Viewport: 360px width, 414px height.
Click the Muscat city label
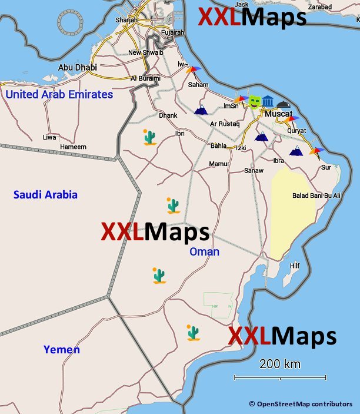pos(278,113)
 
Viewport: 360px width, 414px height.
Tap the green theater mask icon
pos(254,101)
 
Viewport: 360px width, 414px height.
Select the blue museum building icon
pos(268,101)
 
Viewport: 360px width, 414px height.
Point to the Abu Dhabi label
pos(77,68)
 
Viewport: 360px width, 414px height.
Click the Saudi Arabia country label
pos(45,195)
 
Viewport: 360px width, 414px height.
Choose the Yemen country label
pos(62,350)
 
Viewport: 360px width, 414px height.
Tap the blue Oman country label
pos(204,252)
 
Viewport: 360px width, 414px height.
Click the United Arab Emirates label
pos(59,94)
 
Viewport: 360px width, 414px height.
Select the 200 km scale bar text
pos(280,364)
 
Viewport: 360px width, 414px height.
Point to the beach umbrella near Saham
pos(193,71)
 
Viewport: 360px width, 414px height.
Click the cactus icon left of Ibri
pos(150,137)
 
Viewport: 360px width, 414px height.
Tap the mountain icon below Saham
pos(201,109)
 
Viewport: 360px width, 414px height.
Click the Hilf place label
pos(295,266)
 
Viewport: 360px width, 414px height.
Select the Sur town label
pos(326,167)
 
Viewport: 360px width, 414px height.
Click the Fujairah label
pos(172,32)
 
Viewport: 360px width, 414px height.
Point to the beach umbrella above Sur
pos(316,152)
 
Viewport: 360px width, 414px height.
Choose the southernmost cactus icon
pos(192,333)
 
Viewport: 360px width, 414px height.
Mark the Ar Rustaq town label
pos(225,124)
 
